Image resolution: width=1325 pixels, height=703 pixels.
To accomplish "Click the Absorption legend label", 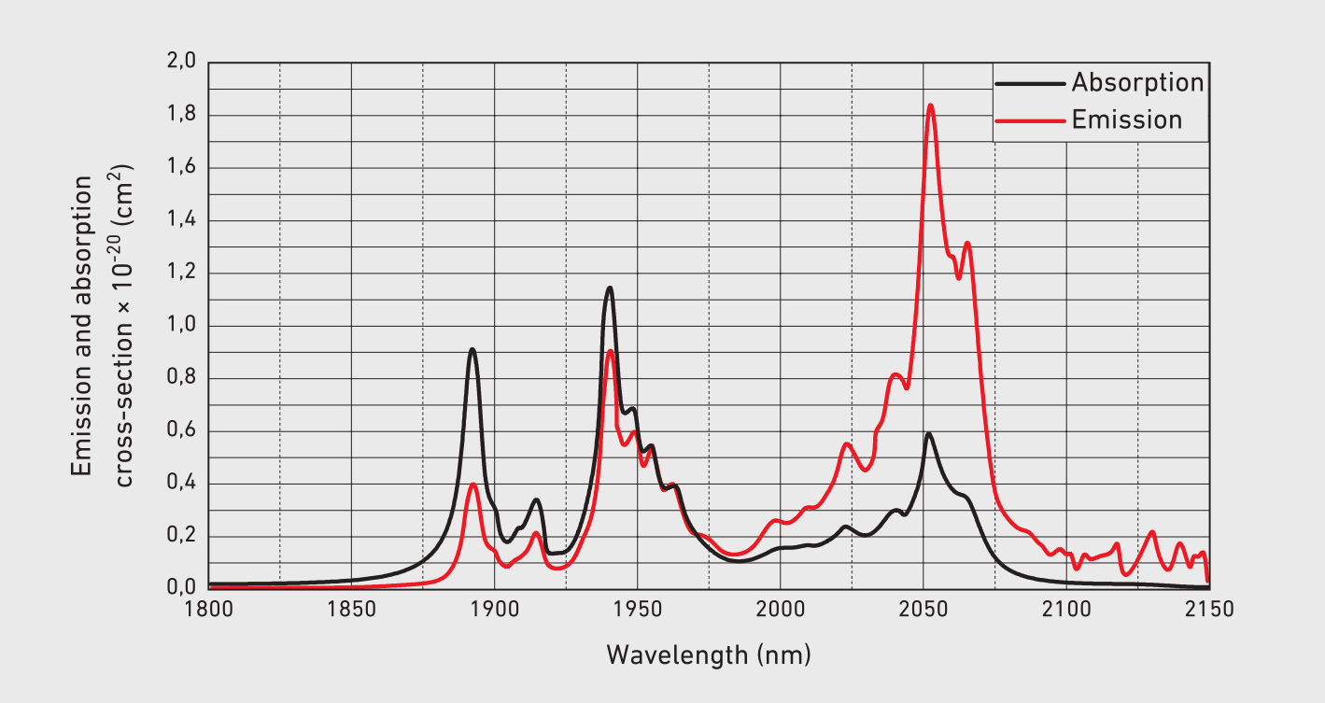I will click(x=1137, y=82).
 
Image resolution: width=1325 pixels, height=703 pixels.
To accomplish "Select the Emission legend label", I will click(x=1126, y=120).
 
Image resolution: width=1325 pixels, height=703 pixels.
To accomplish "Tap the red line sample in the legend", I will click(x=1030, y=120).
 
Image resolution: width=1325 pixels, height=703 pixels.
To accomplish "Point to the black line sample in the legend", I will click(x=1030, y=83).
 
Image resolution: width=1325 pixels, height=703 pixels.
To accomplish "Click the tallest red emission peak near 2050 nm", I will click(x=930, y=105).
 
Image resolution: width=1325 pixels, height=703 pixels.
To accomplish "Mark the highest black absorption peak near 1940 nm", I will click(x=610, y=288).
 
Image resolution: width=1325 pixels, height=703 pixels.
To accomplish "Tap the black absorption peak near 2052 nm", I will click(x=929, y=433).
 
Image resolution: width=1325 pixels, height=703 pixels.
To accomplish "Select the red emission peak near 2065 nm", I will click(x=967, y=244).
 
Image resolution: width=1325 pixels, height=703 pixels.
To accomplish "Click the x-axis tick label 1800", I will click(x=208, y=610).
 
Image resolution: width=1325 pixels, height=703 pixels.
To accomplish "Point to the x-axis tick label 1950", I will click(x=638, y=610).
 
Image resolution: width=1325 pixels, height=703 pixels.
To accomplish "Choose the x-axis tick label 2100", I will click(x=1066, y=610).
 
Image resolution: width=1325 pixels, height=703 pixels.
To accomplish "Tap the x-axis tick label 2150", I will click(x=1209, y=610).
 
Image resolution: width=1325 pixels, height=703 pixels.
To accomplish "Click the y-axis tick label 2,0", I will click(x=181, y=63).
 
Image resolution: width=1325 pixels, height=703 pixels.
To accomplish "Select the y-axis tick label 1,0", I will click(x=181, y=326).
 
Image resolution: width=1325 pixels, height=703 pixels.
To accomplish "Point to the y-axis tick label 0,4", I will click(x=181, y=484).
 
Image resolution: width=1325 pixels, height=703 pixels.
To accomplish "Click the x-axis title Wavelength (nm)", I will click(x=709, y=654).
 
